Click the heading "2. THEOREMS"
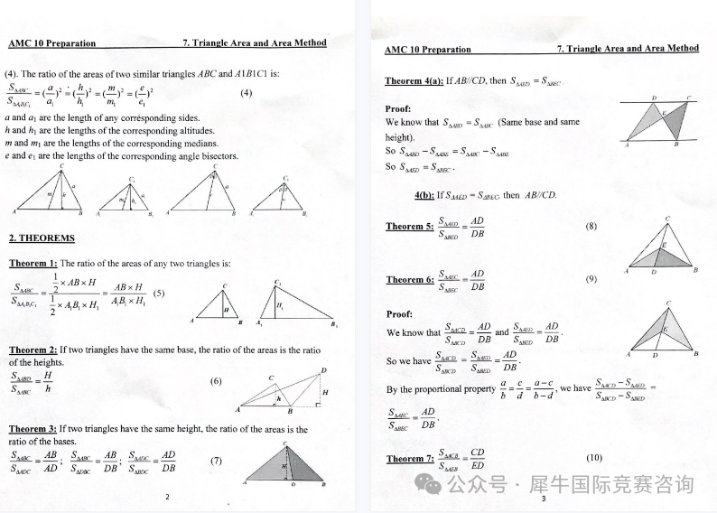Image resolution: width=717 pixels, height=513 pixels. [x=42, y=238]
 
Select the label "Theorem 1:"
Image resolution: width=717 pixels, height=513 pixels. [x=33, y=264]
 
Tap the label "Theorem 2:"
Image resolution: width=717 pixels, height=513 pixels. [x=33, y=350]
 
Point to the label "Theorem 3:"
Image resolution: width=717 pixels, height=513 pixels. [x=33, y=430]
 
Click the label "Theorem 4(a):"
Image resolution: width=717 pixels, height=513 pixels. [x=414, y=81]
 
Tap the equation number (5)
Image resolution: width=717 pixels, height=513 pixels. [x=159, y=293]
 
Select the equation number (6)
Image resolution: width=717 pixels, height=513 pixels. [x=216, y=381]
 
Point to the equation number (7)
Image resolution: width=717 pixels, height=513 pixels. [x=216, y=461]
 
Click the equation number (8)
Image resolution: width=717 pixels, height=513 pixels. [x=591, y=226]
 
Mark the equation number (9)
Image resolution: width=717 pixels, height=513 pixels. [x=591, y=279]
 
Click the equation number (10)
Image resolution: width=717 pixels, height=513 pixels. [x=594, y=458]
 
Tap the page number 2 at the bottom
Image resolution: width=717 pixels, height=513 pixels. [x=167, y=497]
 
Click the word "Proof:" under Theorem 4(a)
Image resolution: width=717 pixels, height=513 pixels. [x=398, y=108]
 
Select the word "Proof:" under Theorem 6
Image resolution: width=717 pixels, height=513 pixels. [x=399, y=314]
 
